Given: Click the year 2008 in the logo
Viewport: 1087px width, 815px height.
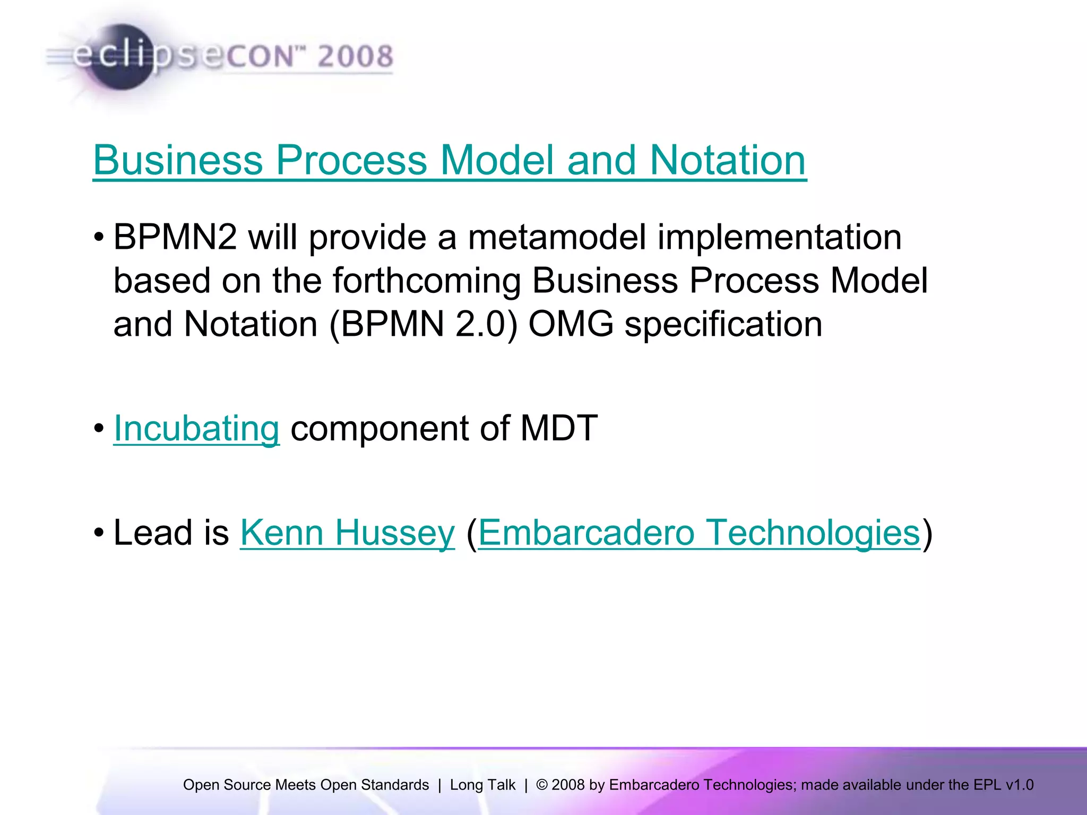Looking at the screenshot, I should coord(355,57).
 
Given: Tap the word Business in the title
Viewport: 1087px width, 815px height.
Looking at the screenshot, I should coord(178,160).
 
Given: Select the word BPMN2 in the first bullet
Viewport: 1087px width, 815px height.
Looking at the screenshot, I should coord(175,237).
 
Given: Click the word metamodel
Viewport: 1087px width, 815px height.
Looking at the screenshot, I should coord(557,237).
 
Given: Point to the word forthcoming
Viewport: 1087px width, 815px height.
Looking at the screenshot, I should coord(427,281).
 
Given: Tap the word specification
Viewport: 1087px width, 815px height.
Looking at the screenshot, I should coord(723,324).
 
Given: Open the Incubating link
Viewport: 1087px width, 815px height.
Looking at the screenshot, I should coord(196,428).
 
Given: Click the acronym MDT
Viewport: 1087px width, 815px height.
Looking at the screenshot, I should coord(558,428).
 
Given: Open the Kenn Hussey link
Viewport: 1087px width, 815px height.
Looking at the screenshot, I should coord(347,533).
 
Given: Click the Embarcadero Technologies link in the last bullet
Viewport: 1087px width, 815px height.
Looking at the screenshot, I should coord(699,533).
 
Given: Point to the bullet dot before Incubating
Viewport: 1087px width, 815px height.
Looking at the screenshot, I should coord(99,429).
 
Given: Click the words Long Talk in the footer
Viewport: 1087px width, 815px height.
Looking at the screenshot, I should coord(482,785).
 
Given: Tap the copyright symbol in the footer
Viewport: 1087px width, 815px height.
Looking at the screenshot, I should coord(542,785).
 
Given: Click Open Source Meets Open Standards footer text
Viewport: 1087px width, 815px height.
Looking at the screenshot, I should coord(306,785).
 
